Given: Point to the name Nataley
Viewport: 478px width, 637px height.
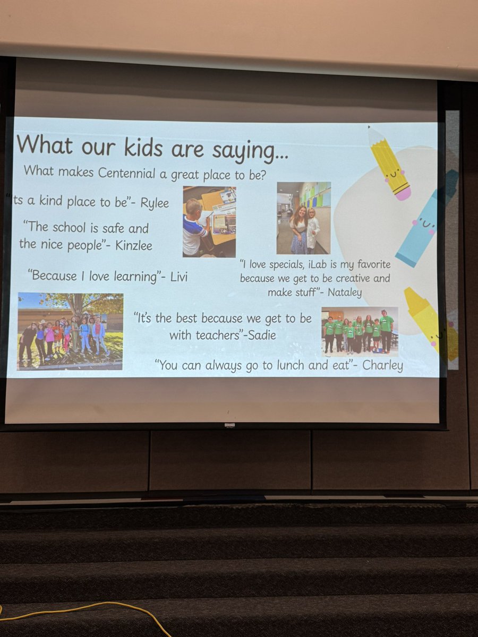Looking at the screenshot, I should coord(345,291).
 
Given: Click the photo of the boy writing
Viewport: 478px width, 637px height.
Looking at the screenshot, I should coord(209,221).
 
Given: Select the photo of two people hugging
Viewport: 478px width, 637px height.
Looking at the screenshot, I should coord(303,218).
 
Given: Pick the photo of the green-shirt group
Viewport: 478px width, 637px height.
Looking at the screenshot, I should coord(360,330).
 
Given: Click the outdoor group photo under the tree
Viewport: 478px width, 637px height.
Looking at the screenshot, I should coord(70,331).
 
